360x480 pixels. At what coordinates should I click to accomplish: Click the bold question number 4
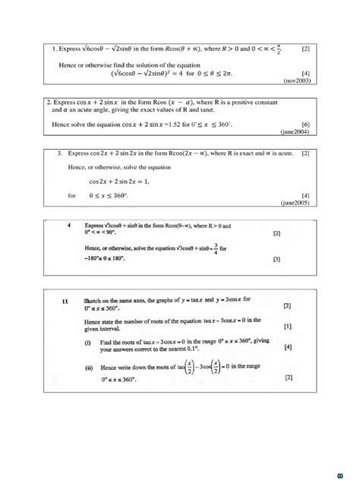tap(69, 226)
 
